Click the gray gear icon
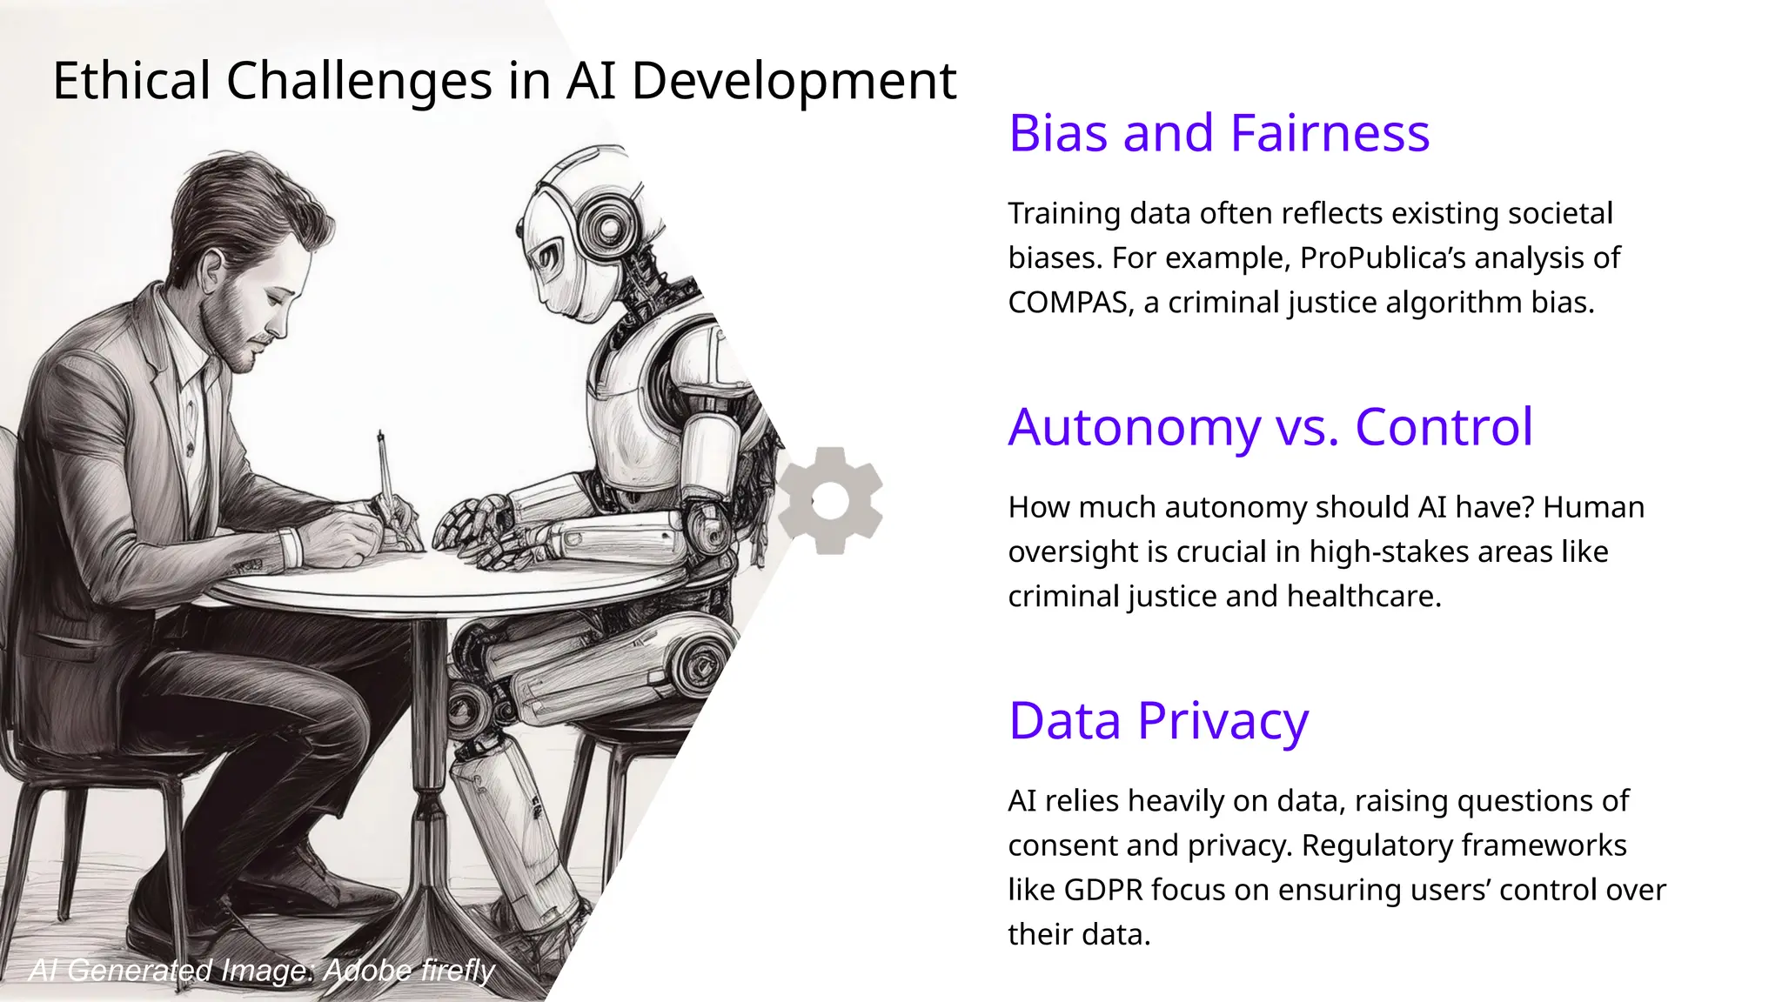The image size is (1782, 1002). tap(830, 501)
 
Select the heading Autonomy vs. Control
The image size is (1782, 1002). tap(1270, 427)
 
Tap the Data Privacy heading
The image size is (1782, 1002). tap(1158, 720)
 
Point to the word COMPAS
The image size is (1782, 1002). tap(1067, 303)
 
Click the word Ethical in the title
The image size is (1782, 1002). tap(132, 81)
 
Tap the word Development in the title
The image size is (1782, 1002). tap(793, 81)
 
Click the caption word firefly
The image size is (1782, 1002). tap(457, 970)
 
